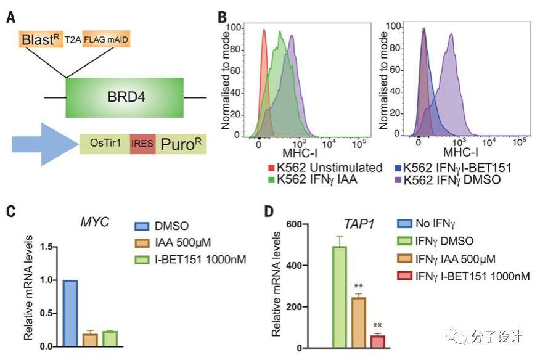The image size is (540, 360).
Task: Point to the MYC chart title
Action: click(x=95, y=221)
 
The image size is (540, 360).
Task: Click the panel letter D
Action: click(x=269, y=211)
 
